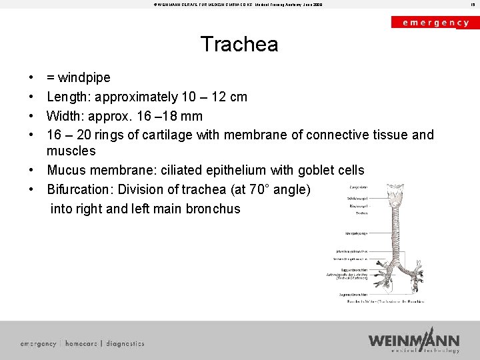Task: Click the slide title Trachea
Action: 239,45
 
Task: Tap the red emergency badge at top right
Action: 435,22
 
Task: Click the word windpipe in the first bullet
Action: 85,77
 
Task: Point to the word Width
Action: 65,116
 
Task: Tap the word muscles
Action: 71,151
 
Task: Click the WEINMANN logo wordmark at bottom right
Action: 413,340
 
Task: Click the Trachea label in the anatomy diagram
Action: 361,213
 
